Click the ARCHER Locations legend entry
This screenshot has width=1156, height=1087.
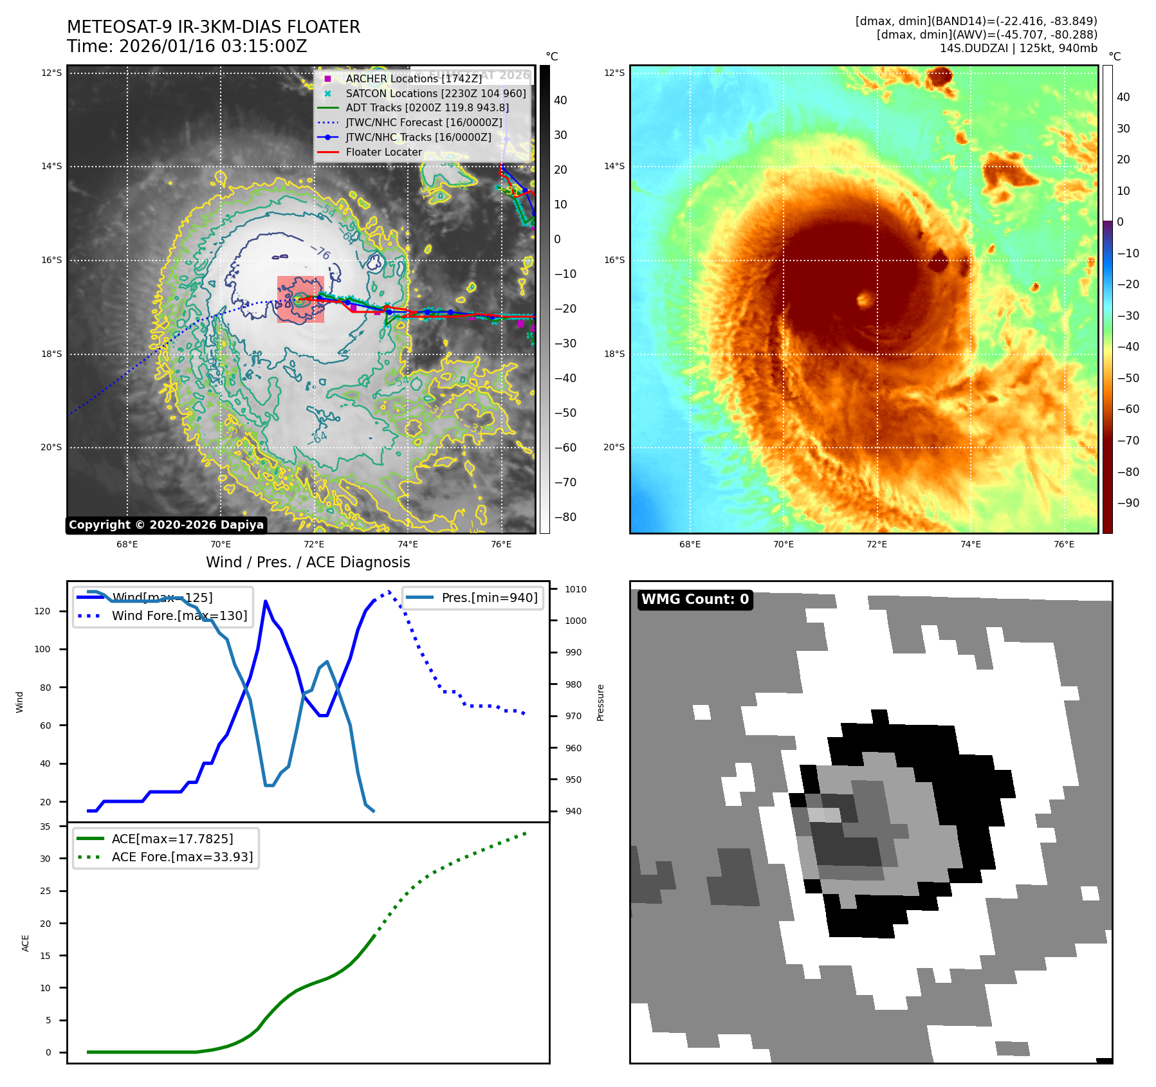(x=413, y=78)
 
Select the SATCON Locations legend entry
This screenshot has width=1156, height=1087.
(x=436, y=93)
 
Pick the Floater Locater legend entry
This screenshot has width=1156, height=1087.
(x=383, y=152)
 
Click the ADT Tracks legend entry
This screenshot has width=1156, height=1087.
(x=427, y=108)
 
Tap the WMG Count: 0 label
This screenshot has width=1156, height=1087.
(x=695, y=599)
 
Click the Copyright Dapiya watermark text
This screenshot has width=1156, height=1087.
(x=166, y=525)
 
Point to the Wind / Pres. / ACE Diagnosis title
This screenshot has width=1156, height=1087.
(x=307, y=562)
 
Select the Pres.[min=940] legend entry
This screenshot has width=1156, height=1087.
(x=489, y=598)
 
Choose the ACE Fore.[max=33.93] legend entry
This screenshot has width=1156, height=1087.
(x=182, y=857)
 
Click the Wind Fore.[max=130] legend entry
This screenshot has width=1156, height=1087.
(x=179, y=616)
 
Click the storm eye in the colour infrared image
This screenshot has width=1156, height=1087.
(x=864, y=299)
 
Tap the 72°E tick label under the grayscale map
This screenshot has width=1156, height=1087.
(x=314, y=544)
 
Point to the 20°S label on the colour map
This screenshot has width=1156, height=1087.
(x=614, y=447)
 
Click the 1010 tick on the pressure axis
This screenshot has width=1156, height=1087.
(x=576, y=589)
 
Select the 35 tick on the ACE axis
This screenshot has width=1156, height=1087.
(x=45, y=827)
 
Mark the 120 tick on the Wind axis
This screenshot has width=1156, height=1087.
(x=42, y=611)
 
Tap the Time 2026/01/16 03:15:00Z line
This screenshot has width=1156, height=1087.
(x=187, y=46)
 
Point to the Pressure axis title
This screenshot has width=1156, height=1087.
(x=600, y=702)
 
